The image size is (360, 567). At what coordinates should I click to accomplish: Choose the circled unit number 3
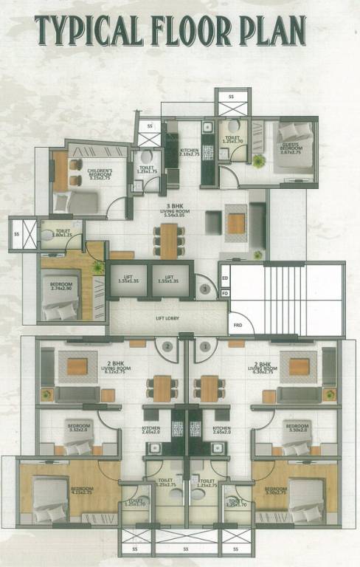pos(203,289)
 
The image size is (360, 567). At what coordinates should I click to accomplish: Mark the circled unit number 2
pos(168,346)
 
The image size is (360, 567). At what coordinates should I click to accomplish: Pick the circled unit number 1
pos(204,346)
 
